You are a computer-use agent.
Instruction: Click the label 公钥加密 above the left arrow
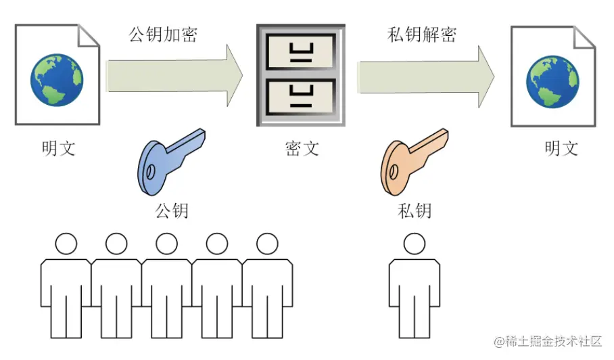click(x=163, y=35)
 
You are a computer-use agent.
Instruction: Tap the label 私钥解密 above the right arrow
click(x=421, y=35)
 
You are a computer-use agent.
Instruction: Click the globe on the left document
click(x=56, y=80)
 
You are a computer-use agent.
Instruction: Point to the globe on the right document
click(x=552, y=80)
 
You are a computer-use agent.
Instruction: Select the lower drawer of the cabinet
click(x=301, y=97)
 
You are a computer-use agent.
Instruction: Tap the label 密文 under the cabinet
click(x=302, y=148)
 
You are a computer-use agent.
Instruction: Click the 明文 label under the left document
click(x=58, y=148)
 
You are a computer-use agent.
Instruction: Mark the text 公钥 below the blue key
click(x=172, y=210)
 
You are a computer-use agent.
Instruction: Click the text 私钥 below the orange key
click(x=415, y=210)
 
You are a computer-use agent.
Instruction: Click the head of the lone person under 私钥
click(x=414, y=243)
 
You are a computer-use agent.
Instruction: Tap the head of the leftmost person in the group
click(x=66, y=243)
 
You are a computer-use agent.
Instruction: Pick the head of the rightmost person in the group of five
click(x=267, y=243)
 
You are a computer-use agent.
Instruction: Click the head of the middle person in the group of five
click(x=166, y=243)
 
